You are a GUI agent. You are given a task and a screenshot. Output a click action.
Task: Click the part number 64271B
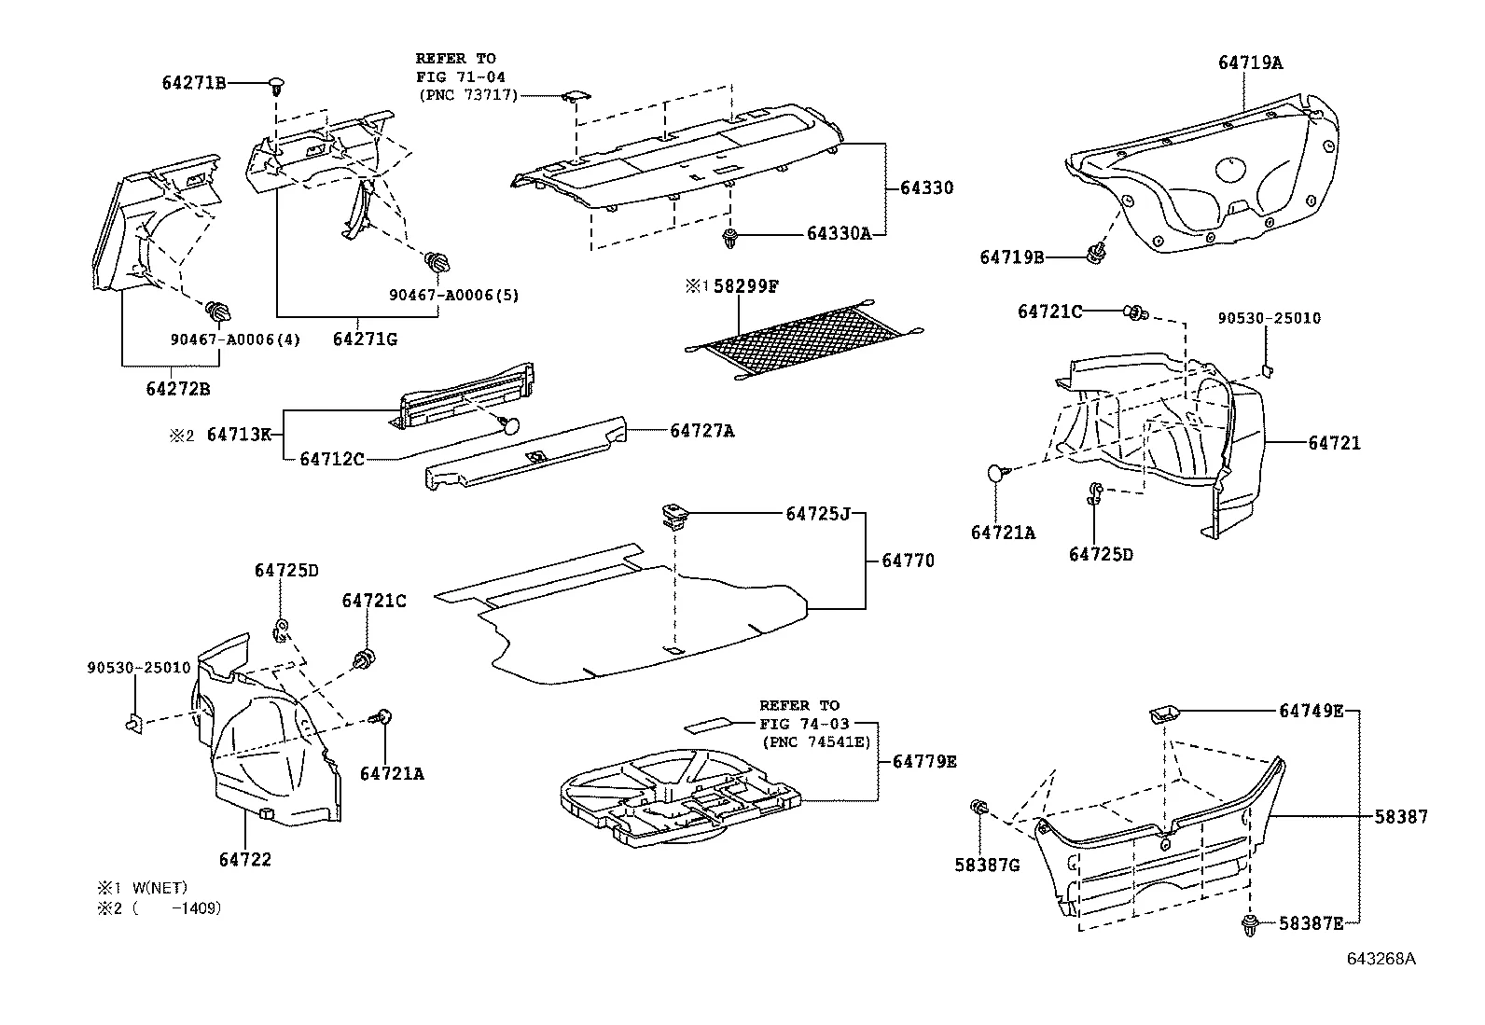click(x=194, y=83)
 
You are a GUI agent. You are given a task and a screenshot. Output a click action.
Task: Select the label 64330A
click(x=839, y=233)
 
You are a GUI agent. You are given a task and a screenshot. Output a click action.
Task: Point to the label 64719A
click(x=1250, y=62)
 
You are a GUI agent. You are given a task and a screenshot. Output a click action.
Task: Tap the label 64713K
click(x=239, y=434)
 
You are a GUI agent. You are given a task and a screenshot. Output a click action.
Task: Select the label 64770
click(x=908, y=561)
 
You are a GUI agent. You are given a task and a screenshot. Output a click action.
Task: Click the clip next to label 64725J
click(x=673, y=514)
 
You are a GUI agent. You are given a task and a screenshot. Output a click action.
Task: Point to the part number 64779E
click(x=924, y=761)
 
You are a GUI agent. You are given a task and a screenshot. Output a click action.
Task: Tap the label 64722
click(x=245, y=859)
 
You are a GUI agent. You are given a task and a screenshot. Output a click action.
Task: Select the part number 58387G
click(x=987, y=865)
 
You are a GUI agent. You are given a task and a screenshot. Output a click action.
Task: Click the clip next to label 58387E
click(x=1250, y=925)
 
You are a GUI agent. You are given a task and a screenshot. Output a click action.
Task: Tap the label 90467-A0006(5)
click(x=453, y=295)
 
